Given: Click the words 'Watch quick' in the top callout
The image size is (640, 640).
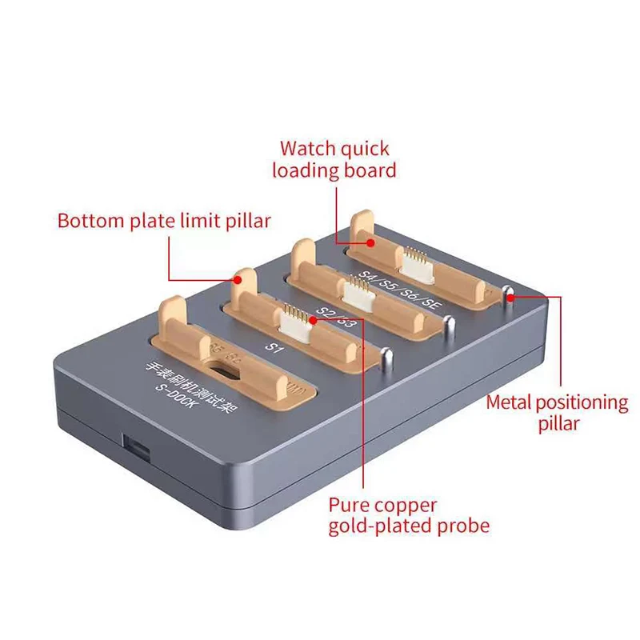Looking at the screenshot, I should [x=334, y=148].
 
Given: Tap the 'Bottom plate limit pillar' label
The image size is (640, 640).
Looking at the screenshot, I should [x=164, y=221].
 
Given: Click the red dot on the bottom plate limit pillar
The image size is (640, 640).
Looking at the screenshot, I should [x=237, y=279].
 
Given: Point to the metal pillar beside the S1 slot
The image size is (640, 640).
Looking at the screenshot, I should [x=387, y=357].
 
